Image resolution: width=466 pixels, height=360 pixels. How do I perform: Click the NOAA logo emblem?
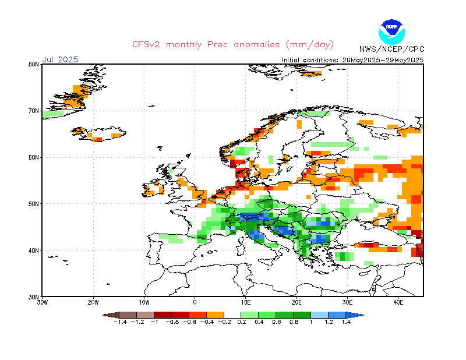click(391, 32)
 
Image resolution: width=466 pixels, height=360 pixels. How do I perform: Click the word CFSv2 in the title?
click(146, 45)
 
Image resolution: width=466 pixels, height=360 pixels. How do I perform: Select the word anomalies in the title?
click(257, 45)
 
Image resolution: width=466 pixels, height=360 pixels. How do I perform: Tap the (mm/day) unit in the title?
click(310, 45)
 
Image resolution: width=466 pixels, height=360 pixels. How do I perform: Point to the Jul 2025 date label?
click(60, 59)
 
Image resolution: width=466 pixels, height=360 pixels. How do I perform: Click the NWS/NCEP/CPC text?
click(391, 49)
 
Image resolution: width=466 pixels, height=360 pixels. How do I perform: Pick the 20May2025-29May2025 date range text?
click(383, 60)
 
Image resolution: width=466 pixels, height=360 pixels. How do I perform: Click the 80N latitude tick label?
click(34, 64)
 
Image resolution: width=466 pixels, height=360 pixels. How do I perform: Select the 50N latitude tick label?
click(34, 204)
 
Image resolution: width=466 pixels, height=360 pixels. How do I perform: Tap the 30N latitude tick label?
click(34, 297)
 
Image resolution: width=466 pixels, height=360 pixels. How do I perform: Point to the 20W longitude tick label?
click(93, 302)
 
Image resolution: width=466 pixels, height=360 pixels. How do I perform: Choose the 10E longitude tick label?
click(245, 302)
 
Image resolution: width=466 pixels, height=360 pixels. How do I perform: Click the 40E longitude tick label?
click(398, 302)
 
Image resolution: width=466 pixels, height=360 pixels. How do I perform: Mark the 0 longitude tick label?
click(195, 302)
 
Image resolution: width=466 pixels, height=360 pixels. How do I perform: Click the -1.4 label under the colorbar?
click(120, 322)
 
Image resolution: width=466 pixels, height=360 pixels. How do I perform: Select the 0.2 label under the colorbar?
click(242, 322)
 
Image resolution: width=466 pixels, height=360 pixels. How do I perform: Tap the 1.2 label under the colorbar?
click(329, 322)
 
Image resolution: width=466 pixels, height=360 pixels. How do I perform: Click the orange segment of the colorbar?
click(215, 315)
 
